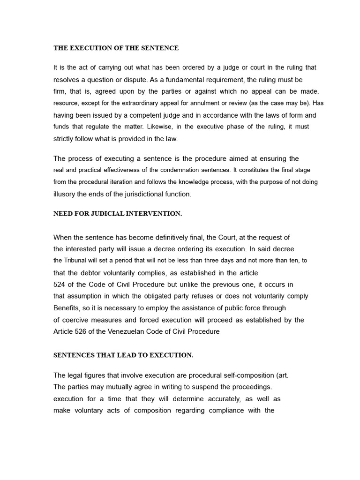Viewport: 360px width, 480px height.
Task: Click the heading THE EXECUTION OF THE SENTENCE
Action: point(116,48)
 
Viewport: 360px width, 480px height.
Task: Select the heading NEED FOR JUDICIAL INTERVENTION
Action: point(117,214)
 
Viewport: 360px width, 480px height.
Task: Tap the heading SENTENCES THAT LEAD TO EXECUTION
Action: point(123,355)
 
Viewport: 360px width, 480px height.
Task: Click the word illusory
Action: point(65,194)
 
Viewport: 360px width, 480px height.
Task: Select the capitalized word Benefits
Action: point(67,308)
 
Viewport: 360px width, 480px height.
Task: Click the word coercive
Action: point(75,320)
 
